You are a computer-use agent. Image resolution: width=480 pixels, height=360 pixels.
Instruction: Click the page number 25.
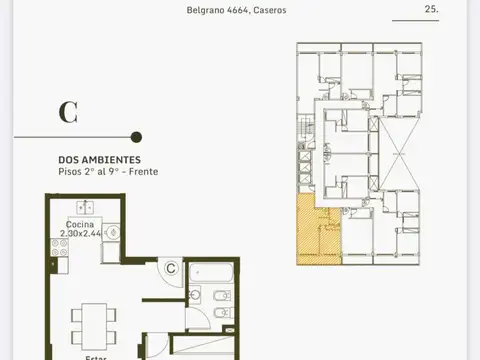point(432,10)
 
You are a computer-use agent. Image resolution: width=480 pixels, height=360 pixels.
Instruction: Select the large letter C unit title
point(68,112)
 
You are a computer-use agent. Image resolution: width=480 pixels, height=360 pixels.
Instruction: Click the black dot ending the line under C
point(136,137)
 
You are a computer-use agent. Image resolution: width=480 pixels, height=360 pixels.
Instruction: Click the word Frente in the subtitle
point(143,172)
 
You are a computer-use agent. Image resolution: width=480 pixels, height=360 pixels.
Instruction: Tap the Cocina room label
point(81,225)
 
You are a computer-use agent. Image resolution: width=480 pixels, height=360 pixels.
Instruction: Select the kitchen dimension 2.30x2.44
point(81,234)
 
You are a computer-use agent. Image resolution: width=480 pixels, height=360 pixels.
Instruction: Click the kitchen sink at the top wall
point(86,208)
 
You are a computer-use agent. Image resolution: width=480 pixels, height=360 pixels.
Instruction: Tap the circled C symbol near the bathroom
point(171,268)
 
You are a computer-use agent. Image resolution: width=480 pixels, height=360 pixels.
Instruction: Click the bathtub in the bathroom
point(211,272)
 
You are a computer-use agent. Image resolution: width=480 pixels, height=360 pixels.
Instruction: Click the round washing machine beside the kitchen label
point(114,232)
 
